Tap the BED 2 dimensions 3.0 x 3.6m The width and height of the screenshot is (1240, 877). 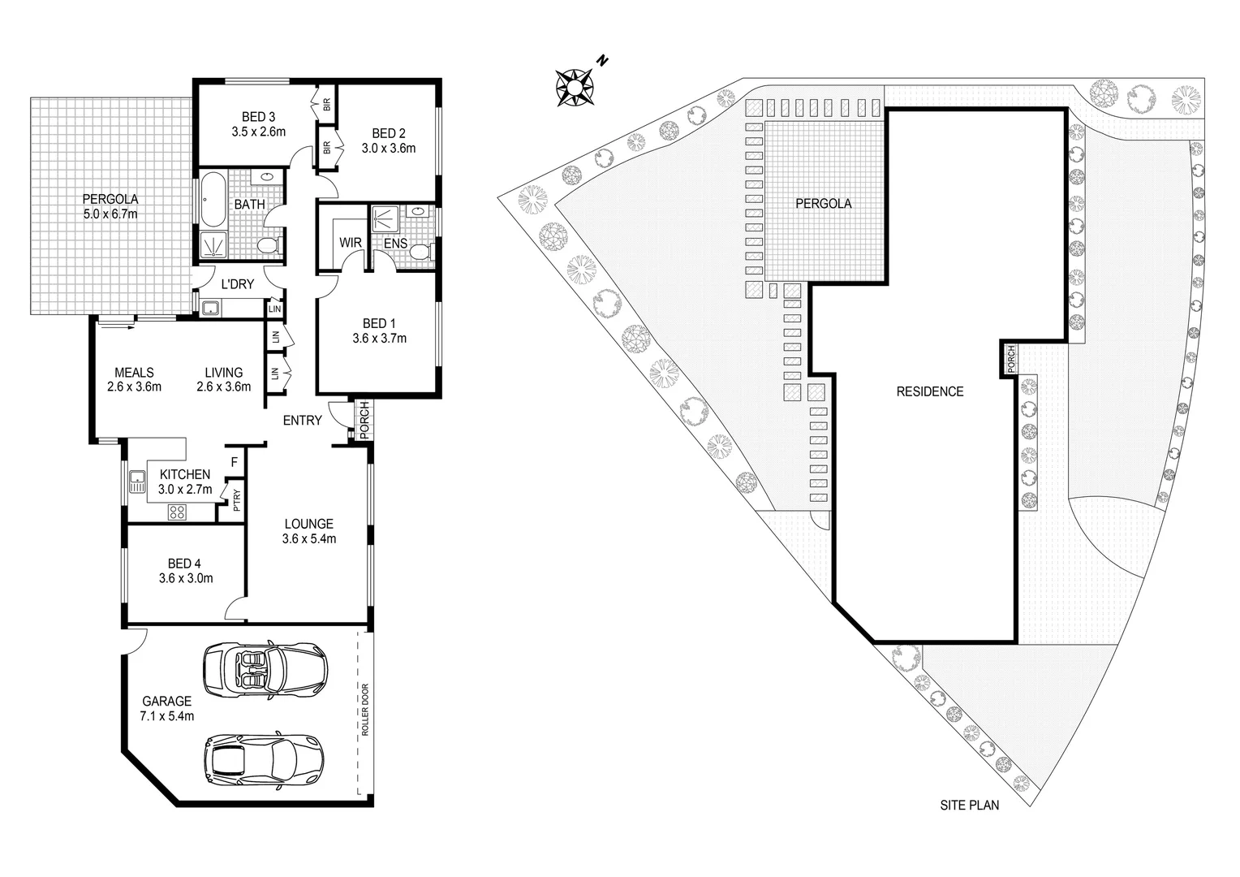[x=388, y=149]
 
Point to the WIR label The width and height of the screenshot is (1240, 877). [x=350, y=243]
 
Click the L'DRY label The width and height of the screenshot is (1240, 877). [x=238, y=284]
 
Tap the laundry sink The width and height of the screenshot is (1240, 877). [x=211, y=308]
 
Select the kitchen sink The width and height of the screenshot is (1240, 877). [x=136, y=483]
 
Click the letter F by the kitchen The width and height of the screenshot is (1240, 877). [x=234, y=462]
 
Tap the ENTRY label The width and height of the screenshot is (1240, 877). [x=302, y=421]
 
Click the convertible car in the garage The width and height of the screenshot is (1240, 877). [x=265, y=670]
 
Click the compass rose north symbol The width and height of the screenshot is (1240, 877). [x=575, y=84]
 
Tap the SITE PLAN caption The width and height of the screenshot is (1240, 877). [x=970, y=806]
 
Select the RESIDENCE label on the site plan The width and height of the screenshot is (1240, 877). [x=929, y=391]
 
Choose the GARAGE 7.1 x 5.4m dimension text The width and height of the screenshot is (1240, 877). [x=167, y=715]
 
